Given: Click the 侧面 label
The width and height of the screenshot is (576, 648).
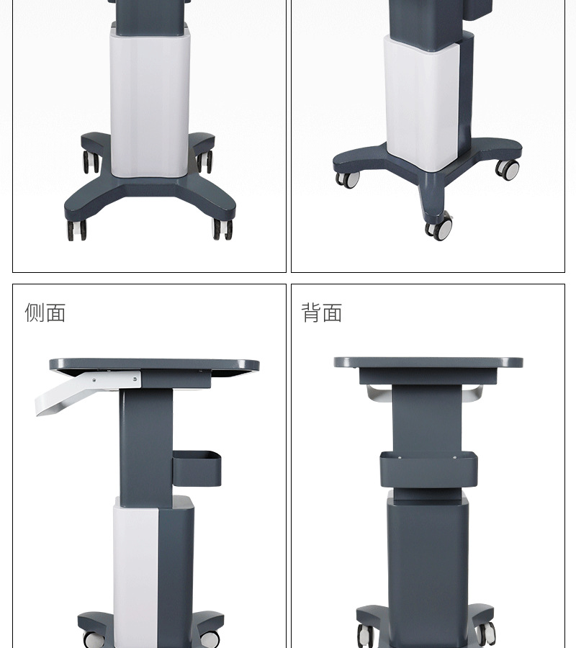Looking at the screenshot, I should click(45, 312).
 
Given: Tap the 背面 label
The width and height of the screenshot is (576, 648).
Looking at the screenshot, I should click(321, 312).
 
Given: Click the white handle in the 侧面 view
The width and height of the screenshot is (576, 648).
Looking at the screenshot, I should click(68, 397).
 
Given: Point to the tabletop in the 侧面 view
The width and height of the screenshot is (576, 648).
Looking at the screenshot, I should click(154, 365).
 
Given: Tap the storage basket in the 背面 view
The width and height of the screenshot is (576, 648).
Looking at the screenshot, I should click(428, 468).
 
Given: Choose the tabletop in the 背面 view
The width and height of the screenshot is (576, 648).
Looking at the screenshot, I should click(428, 362).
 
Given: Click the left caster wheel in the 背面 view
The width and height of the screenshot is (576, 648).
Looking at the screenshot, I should click(366, 634).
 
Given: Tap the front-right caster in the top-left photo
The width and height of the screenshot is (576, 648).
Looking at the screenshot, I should click(222, 229).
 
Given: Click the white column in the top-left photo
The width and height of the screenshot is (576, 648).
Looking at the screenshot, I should click(149, 101).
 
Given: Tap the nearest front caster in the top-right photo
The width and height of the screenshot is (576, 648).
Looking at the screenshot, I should click(438, 228).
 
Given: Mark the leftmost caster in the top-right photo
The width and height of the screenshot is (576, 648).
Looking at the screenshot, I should click(347, 179).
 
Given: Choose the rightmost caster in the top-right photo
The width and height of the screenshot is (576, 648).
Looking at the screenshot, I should click(508, 170).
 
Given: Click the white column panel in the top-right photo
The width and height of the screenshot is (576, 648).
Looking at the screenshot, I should click(421, 101).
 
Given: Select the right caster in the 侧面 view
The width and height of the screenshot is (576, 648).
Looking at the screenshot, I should click(211, 638).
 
